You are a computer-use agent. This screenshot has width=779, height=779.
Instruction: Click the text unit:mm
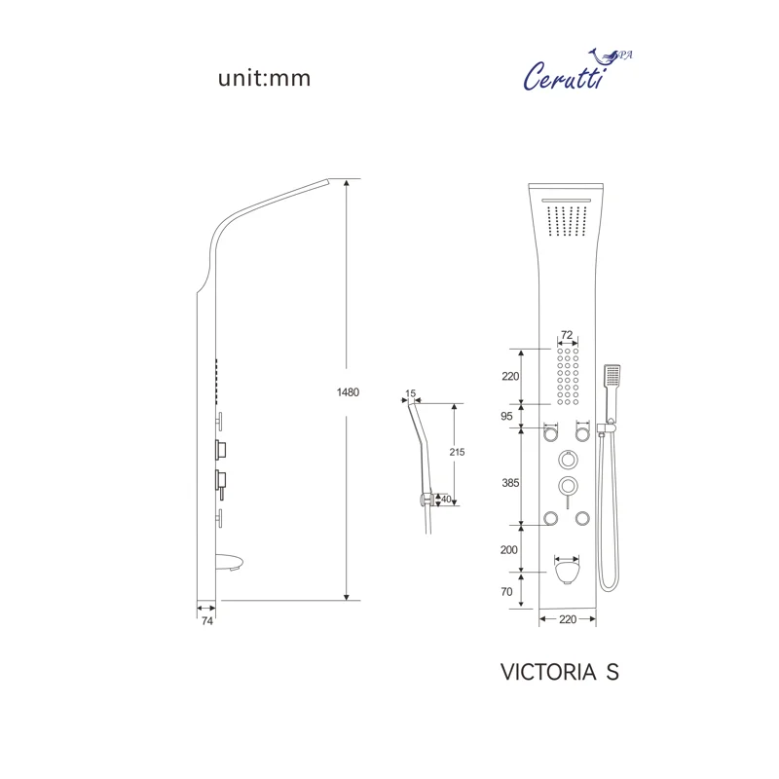[x=264, y=79]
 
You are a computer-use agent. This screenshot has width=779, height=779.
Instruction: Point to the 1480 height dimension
[x=348, y=392]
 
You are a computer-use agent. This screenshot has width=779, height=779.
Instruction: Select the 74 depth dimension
[x=207, y=619]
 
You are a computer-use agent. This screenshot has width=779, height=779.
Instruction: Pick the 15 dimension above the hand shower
[x=410, y=394]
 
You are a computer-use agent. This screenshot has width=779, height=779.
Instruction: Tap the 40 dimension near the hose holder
[x=446, y=501]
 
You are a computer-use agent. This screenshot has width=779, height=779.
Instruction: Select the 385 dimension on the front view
[x=511, y=482]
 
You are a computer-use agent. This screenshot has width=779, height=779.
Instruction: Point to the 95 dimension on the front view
[x=506, y=417]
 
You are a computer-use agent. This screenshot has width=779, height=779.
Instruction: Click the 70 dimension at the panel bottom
[x=507, y=590]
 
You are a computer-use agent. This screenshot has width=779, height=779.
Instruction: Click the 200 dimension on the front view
[x=508, y=550]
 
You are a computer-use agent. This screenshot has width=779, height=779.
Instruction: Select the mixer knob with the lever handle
[x=568, y=487]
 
